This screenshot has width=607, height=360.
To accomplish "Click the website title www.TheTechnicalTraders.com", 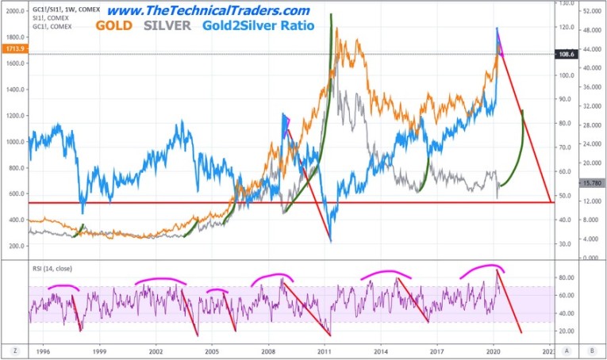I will click(x=208, y=10).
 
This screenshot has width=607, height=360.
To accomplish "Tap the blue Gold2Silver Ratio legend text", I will click(x=256, y=26).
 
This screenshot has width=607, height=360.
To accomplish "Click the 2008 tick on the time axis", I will click(x=268, y=349).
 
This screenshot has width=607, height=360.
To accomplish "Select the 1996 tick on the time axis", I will click(x=44, y=349).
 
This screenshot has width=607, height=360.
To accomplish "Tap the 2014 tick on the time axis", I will click(x=381, y=349).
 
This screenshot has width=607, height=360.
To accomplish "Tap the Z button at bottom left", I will click(x=14, y=349).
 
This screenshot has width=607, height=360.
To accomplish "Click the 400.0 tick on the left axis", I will click(x=13, y=220).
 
